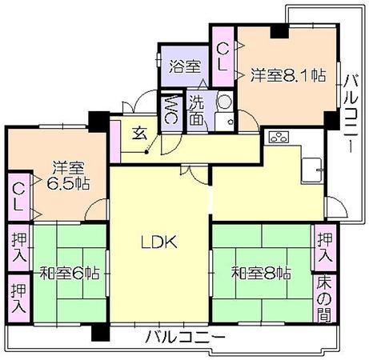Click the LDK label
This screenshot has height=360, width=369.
(x=158, y=242)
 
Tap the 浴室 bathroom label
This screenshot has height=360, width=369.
(x=185, y=66)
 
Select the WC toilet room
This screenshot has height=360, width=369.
(x=171, y=110)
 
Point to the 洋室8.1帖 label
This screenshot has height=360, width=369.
(x=288, y=75)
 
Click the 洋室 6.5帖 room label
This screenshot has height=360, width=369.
(x=68, y=175)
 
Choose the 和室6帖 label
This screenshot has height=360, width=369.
(x=70, y=274)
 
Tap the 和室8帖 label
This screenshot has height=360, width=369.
(x=261, y=274)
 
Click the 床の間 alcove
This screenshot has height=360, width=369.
(x=324, y=299)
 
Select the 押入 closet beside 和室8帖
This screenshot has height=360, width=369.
(x=325, y=248)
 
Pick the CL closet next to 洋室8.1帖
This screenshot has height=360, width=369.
(x=223, y=57)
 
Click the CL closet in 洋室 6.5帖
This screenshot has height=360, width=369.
(x=18, y=197)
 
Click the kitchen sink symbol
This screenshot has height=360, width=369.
(x=311, y=170)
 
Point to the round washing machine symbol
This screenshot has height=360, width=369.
(x=224, y=101)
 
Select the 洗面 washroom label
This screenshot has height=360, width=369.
(x=199, y=110)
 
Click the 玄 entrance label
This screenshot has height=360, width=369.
(x=139, y=133)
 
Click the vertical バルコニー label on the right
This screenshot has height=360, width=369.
(x=351, y=114)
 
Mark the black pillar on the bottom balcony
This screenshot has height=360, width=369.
(x=101, y=332)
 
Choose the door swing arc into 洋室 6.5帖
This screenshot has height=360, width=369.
(x=94, y=206)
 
